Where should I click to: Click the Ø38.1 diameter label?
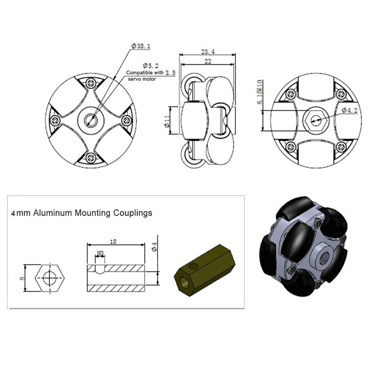(141, 46)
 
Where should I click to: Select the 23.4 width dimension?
(207, 51)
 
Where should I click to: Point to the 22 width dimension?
(208, 61)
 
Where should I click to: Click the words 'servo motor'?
(142, 79)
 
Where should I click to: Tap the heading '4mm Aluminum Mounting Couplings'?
(82, 213)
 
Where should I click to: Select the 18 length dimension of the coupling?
(113, 242)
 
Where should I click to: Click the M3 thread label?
(100, 253)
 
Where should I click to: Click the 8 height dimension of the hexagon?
(23, 278)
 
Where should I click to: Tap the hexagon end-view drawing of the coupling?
(48, 278)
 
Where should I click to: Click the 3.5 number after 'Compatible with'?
(170, 73)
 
